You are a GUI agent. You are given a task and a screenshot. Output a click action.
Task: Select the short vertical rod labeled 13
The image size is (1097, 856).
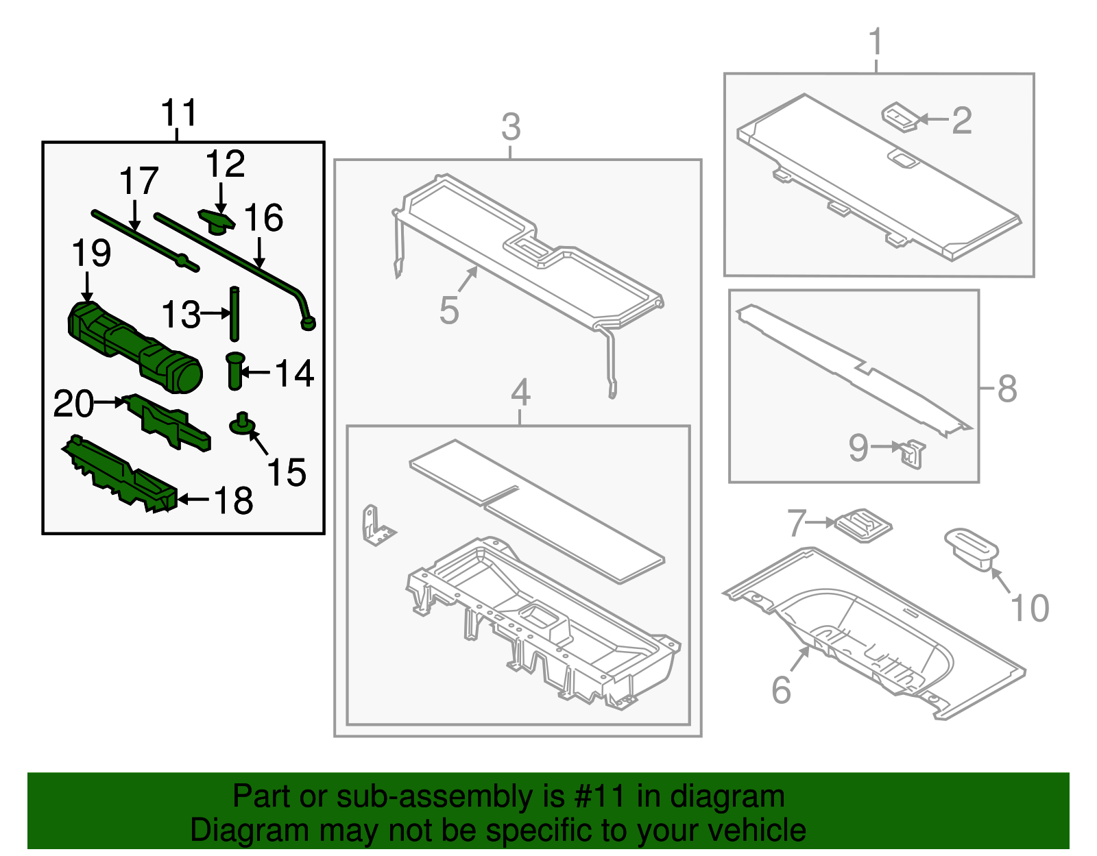tap(234, 314)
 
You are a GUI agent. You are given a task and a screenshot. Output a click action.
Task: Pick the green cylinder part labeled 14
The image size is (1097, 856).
tap(234, 371)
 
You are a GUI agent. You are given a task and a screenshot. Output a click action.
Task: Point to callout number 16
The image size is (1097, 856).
tap(263, 217)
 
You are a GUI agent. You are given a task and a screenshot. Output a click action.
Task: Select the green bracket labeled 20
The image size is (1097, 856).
tap(167, 421)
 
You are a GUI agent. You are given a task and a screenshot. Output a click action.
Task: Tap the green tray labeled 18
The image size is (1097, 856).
tap(120, 474)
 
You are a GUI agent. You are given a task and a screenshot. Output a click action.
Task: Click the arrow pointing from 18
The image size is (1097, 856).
tap(193, 500)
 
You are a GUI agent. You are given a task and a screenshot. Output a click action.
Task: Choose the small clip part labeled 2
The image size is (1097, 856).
tap(900, 117)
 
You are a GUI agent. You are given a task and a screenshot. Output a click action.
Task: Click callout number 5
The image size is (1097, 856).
tap(449, 310)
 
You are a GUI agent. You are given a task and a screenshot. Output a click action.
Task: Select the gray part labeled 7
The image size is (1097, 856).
tap(863, 526)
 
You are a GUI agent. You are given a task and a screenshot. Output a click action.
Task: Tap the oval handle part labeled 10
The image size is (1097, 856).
tap(972, 550)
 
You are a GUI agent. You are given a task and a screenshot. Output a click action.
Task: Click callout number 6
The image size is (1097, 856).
tap(781, 690)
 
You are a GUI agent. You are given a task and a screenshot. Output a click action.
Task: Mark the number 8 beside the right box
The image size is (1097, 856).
tap(1007, 389)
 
